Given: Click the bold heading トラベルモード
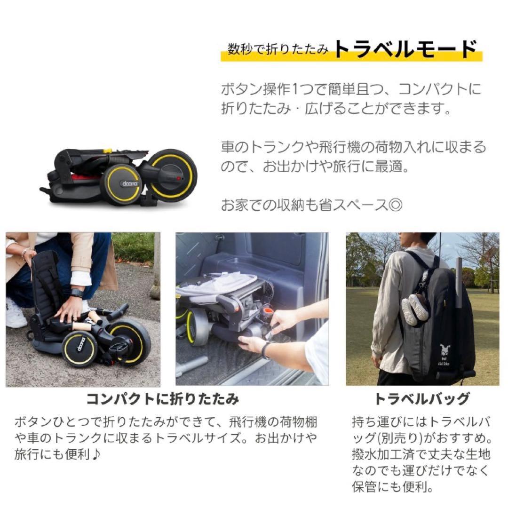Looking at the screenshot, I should (x=405, y=49).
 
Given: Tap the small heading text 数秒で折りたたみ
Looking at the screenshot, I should (x=278, y=50).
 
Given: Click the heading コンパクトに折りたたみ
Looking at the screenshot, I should (x=163, y=399).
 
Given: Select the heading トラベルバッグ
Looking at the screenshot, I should (x=421, y=399).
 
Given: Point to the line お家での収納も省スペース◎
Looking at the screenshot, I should (x=311, y=206).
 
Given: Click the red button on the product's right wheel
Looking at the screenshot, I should (x=178, y=179).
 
